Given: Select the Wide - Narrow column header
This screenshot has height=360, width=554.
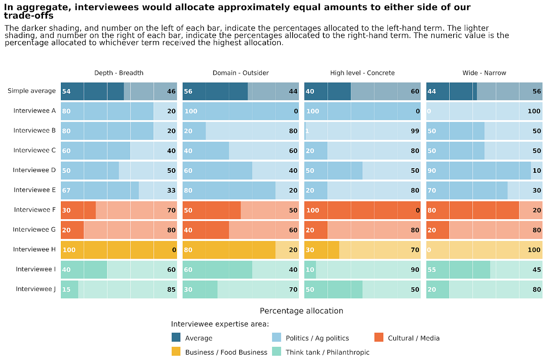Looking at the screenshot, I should coord(484,73).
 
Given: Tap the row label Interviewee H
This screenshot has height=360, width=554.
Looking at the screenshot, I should coord(34,249).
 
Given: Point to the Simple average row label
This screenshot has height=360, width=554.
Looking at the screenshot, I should coord(32,91).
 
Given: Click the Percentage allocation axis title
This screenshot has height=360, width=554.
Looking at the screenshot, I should coord(301,311).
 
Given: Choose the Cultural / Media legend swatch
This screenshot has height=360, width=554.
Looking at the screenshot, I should coord(379,338).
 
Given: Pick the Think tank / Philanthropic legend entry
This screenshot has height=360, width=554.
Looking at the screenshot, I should coord(327,352).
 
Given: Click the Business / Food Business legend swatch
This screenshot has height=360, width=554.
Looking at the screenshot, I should coord(176,352).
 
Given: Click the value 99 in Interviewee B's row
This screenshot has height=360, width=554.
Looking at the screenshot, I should coord(415,131).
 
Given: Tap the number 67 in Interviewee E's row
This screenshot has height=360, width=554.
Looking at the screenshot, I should coord(66,190).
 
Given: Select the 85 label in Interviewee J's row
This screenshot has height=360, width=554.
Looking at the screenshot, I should coord(171,290).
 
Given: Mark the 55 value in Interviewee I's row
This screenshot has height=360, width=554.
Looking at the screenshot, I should coord(432,270).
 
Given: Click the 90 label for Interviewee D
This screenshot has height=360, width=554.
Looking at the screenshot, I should coord(432,170).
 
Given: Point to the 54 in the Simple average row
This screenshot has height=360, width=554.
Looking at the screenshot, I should coord(66,91).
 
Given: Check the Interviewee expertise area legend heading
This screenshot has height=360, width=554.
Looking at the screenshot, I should coord(220,324).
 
